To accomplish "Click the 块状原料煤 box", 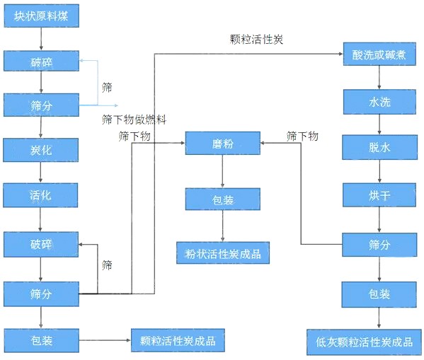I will (x=41, y=16).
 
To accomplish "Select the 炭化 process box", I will (x=41, y=150).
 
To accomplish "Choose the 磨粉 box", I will (x=223, y=144).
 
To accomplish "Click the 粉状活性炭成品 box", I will (x=223, y=252).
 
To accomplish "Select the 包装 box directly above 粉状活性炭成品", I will (x=223, y=199).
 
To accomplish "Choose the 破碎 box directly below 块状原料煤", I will (x=41, y=61).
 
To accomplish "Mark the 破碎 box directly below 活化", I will (x=41, y=244).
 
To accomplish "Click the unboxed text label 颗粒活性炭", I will (x=257, y=39).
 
